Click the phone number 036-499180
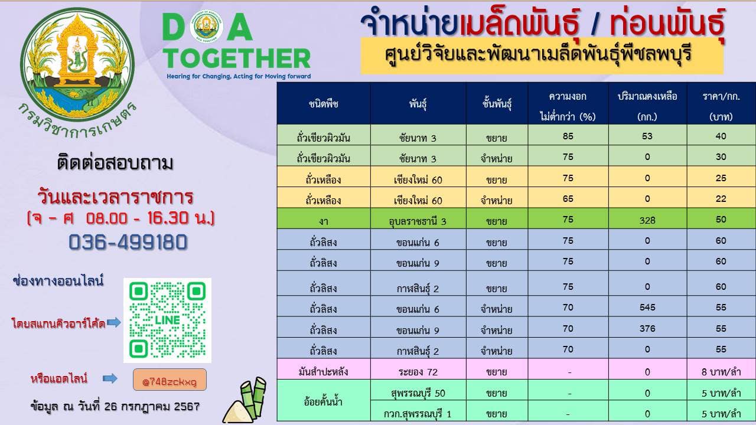click(128, 242)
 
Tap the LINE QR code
click(167, 320)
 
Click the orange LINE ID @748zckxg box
click(170, 380)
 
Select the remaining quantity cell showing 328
click(647, 220)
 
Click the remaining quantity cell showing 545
click(647, 308)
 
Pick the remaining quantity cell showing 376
click(647, 328)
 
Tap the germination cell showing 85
click(568, 136)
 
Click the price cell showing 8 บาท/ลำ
click(721, 372)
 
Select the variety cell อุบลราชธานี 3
click(418, 221)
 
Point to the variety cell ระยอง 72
click(418, 372)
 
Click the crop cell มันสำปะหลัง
click(323, 372)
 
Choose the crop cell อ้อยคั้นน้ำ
click(323, 401)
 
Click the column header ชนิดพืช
click(323, 103)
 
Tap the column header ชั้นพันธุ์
click(497, 103)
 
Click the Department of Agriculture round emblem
click(77, 65)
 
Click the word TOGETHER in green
click(237, 58)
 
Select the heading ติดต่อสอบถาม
click(115, 164)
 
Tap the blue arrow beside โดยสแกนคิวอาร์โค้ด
click(114, 322)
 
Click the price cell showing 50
click(721, 219)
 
